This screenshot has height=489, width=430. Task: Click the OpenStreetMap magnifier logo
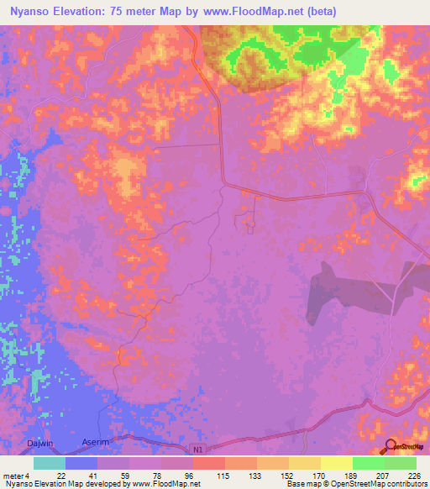(x=391, y=445)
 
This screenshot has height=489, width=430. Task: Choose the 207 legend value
(x=383, y=475)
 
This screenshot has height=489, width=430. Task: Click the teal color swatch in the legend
(x=50, y=463)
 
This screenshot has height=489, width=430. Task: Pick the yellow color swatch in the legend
(x=336, y=463)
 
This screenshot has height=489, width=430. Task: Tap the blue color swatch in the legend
(x=81, y=463)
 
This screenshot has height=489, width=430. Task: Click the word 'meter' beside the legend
(x=13, y=475)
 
